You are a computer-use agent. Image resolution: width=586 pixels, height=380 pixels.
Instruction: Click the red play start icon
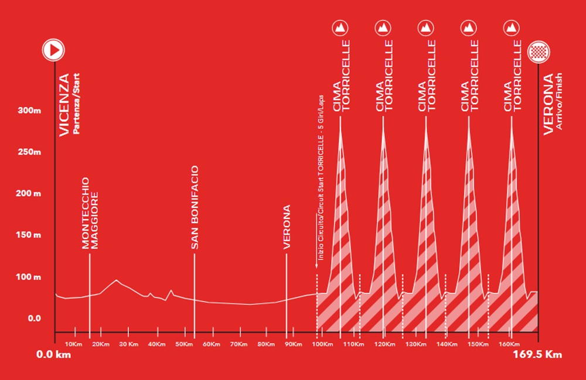[52, 50]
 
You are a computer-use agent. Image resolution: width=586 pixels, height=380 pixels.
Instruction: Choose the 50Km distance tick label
[185, 344]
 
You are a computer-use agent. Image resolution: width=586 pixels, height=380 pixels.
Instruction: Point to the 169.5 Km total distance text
[537, 354]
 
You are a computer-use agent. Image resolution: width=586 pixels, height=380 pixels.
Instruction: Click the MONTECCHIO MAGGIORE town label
[90, 214]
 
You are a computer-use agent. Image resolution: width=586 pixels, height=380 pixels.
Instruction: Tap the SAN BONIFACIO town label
[195, 208]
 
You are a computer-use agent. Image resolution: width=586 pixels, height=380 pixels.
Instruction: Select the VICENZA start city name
[64, 105]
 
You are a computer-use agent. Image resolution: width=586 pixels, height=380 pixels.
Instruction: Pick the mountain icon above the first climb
[340, 28]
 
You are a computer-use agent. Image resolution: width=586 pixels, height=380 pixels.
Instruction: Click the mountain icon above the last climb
[512, 28]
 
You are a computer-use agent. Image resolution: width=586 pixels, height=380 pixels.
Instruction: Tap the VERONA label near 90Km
[287, 227]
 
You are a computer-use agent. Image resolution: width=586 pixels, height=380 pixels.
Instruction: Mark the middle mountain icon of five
[426, 28]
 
